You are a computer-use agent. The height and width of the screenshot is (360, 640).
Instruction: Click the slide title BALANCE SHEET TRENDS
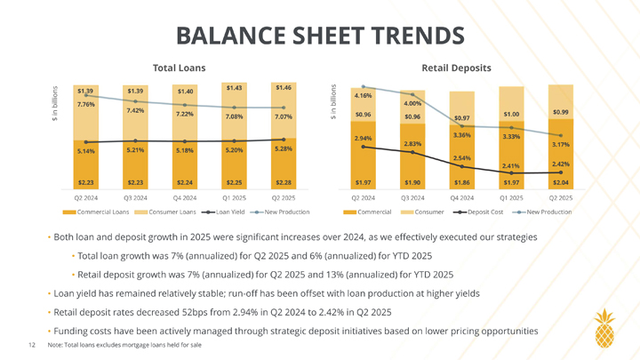(x=319, y=35)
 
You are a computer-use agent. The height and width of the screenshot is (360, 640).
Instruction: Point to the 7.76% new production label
(x=86, y=105)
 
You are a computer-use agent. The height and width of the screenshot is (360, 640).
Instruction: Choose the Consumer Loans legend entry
(x=165, y=212)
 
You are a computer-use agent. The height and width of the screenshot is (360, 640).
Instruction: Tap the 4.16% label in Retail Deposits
(x=363, y=94)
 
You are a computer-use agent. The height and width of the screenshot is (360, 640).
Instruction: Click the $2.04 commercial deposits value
(x=561, y=183)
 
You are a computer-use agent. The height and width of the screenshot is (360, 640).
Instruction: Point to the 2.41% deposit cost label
(x=510, y=165)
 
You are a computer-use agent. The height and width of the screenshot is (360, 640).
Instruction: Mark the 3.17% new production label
(x=561, y=144)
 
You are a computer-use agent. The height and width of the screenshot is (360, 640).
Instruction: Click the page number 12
(x=32, y=345)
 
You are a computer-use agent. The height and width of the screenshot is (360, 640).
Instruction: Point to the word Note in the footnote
(x=55, y=345)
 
